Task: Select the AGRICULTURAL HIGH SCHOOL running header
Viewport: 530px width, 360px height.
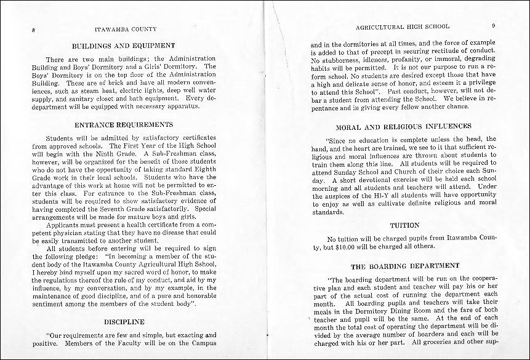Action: coord(403,27)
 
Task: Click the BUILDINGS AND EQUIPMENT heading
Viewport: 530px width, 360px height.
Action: coord(124,46)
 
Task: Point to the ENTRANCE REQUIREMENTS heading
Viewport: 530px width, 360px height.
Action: coord(124,124)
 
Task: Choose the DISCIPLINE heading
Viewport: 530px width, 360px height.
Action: coord(124,321)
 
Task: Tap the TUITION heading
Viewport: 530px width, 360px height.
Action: coord(404,226)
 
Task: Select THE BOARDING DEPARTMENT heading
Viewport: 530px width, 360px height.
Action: coord(405,266)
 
